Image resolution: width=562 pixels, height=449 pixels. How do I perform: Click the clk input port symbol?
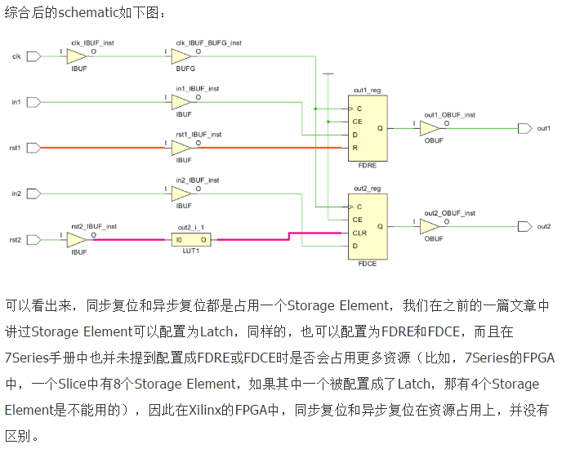[33, 56]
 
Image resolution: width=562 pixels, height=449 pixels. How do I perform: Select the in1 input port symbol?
[33, 102]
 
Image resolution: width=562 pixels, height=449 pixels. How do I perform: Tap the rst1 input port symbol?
[33, 148]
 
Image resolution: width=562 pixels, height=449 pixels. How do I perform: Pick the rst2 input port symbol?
[33, 240]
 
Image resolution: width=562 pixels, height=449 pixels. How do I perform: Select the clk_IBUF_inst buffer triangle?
[76, 56]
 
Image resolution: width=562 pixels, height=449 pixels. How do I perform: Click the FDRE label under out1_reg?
[367, 163]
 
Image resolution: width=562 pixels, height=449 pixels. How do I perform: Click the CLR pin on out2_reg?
[359, 233]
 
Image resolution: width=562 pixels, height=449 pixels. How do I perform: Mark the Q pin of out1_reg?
[379, 128]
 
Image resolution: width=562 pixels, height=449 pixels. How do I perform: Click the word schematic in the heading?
[90, 14]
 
